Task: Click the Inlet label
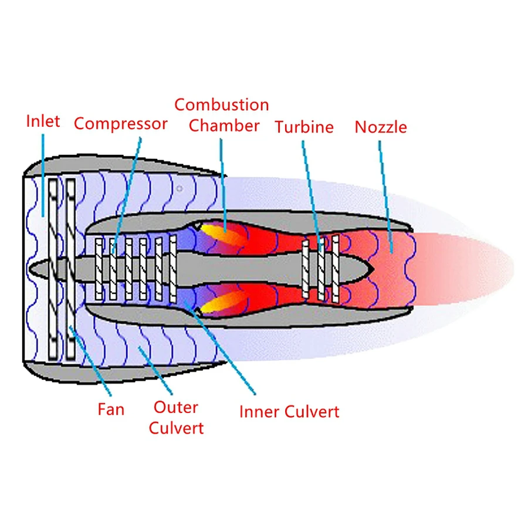pyautogui.click(x=43, y=121)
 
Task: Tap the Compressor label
pyautogui.click(x=120, y=124)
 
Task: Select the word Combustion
pyautogui.click(x=221, y=105)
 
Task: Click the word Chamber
pyautogui.click(x=224, y=126)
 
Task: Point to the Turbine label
pyautogui.click(x=304, y=127)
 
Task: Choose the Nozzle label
pyautogui.click(x=380, y=127)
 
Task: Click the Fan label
pyautogui.click(x=111, y=408)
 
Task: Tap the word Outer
pyautogui.click(x=175, y=407)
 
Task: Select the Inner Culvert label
pyautogui.click(x=289, y=411)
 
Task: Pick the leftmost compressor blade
pyautogui.click(x=99, y=268)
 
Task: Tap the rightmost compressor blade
pyautogui.click(x=173, y=268)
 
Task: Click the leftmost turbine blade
pyautogui.click(x=306, y=268)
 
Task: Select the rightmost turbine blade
pyautogui.click(x=336, y=268)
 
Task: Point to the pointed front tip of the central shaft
pyautogui.click(x=31, y=269)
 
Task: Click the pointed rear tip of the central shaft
pyautogui.click(x=374, y=269)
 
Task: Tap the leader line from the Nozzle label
pyautogui.click(x=384, y=188)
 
